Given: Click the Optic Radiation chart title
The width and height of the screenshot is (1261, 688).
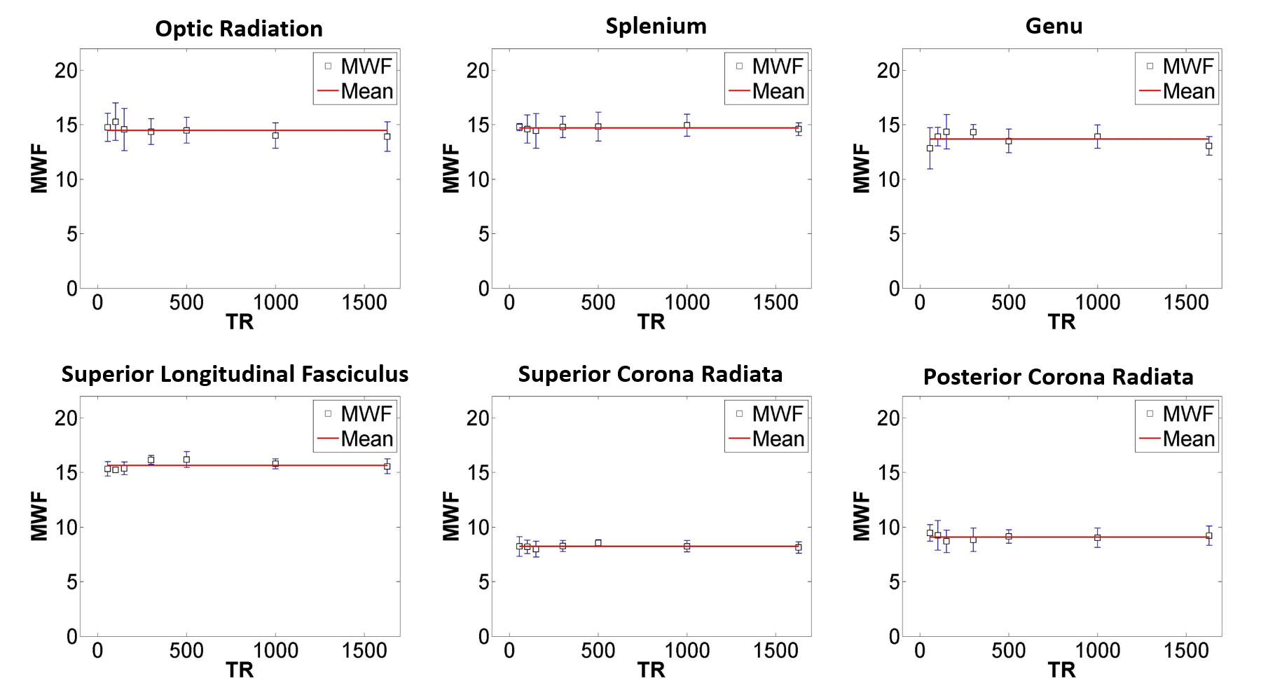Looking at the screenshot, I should coord(239,29).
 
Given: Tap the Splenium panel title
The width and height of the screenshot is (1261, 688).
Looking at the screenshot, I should coord(656,26).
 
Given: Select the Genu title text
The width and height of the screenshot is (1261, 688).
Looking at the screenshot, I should coord(1054,26).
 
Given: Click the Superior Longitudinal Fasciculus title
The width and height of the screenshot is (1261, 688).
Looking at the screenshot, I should coord(235,374).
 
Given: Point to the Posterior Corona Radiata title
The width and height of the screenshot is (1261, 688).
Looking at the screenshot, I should coord(1058,377).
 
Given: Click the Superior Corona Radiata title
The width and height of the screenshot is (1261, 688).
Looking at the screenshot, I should coord(650,374).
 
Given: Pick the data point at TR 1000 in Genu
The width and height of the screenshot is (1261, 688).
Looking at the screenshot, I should coord(1097,137).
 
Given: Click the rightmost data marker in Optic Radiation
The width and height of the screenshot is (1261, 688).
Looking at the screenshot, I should coord(387,137).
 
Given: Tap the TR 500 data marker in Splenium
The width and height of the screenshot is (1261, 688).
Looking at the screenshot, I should coord(598,127).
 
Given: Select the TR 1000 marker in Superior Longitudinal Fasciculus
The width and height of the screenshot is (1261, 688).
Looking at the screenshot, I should coord(275,464).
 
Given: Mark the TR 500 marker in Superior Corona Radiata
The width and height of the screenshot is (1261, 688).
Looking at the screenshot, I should coord(598,543).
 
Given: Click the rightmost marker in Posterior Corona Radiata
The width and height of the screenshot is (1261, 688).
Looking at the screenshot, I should coord(1208,536).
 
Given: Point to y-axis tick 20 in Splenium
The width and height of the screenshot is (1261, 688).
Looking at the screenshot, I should coord(478,70).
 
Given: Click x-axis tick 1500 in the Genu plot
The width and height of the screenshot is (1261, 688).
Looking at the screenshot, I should coord(1186,303).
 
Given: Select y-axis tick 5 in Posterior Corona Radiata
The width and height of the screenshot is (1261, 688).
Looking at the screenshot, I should coord(894,582).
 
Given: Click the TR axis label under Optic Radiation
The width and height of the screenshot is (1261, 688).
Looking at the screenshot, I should coord(240,322).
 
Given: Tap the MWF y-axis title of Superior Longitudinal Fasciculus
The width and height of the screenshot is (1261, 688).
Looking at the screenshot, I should coord(39,516).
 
